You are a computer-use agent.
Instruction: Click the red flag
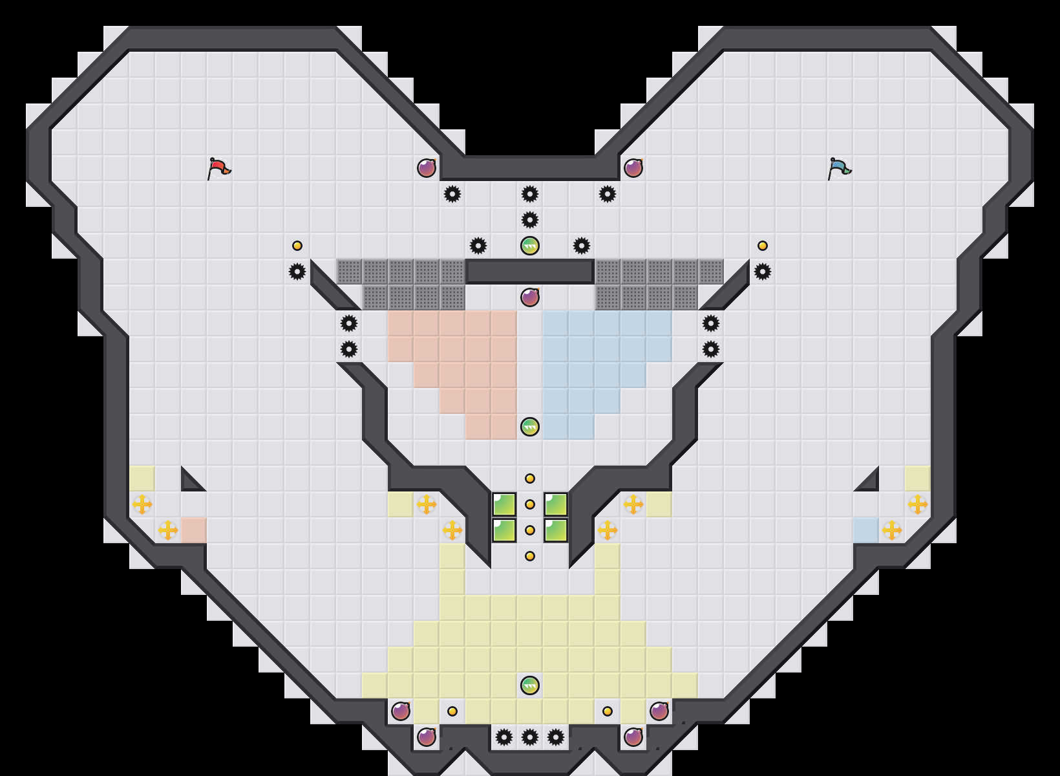[218, 168]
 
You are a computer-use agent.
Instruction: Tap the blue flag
[839, 168]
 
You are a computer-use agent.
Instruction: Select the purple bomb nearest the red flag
[427, 168]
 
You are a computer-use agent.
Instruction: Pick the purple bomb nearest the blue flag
[633, 168]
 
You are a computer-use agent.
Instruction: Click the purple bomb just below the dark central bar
[530, 297]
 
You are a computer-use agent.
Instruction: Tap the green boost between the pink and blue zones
[530, 427]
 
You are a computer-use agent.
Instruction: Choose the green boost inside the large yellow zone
[530, 685]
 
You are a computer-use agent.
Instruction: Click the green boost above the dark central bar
[530, 246]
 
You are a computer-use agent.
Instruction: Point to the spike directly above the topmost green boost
[530, 220]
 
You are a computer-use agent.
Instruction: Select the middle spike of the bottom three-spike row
[530, 737]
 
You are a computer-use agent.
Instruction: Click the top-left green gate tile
[504, 504]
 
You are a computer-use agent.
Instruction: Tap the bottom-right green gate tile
[556, 530]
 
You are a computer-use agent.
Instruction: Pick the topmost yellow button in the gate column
[530, 479]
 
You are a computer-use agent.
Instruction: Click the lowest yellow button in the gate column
[530, 556]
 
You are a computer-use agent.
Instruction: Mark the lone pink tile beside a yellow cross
[194, 530]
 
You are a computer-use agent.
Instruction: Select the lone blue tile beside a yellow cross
[866, 530]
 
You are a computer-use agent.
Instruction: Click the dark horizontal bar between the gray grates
[530, 272]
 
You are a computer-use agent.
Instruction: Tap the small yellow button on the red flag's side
[297, 246]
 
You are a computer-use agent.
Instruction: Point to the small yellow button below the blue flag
[763, 246]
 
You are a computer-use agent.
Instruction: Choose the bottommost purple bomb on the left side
[427, 737]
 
